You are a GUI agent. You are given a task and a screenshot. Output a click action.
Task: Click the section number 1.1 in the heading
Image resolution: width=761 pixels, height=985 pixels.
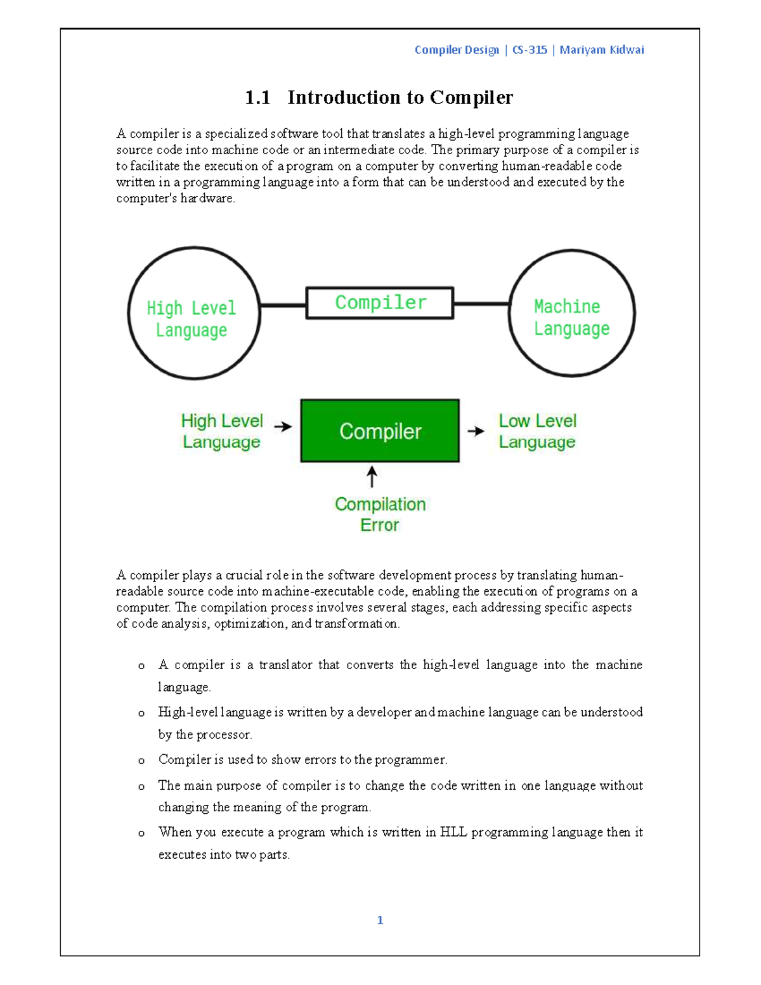coord(257,98)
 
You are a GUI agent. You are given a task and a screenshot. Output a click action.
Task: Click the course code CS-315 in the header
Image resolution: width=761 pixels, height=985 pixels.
coord(529,50)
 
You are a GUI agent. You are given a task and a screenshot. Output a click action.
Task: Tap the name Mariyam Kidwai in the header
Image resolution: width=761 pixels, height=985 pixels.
coord(601,50)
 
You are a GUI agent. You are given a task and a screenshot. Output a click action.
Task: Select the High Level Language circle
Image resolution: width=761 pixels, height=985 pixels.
coord(194,313)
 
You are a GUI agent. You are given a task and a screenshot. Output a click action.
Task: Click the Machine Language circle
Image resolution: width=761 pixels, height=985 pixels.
coord(571,313)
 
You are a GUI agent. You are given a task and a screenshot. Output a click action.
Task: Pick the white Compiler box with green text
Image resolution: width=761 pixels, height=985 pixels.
coord(380,303)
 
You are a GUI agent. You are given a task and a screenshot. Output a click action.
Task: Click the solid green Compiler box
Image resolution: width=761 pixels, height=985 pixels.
coord(380,431)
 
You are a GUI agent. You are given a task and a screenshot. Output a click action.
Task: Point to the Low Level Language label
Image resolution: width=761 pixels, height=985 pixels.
coord(537,431)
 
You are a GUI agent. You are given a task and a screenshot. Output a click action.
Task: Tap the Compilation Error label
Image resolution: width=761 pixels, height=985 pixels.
coord(380,514)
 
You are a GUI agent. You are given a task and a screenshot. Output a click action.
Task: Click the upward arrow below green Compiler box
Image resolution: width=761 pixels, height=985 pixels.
coord(372,477)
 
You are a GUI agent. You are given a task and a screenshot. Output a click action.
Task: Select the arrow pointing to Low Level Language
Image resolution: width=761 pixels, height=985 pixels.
coord(476,431)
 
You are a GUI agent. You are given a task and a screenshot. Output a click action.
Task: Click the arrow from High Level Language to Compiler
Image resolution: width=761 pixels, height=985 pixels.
coord(283,427)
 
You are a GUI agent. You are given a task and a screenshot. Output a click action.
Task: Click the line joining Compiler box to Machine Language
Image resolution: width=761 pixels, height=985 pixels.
coord(481,304)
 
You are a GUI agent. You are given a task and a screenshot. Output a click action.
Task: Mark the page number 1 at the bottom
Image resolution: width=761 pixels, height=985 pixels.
coord(380,920)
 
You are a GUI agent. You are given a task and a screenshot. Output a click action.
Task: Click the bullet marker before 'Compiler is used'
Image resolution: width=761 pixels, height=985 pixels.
coord(141,760)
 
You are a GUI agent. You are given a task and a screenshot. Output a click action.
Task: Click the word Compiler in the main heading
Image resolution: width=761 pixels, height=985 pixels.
coord(471,98)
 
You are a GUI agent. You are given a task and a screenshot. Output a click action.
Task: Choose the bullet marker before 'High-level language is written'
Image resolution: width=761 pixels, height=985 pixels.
coord(141,714)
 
